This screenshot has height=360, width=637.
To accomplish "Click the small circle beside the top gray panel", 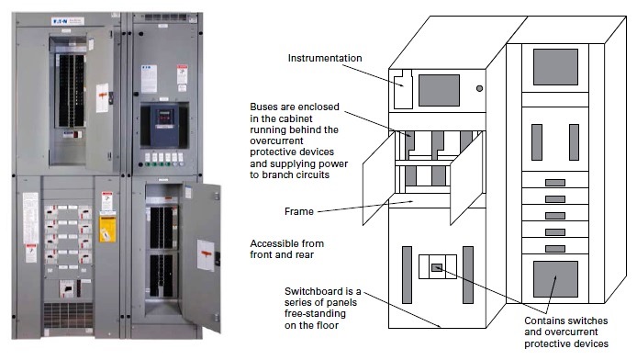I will point(478,89).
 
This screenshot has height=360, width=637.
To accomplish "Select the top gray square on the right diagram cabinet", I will point(555,66).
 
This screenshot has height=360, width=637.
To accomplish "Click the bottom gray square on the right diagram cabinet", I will point(555,279).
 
